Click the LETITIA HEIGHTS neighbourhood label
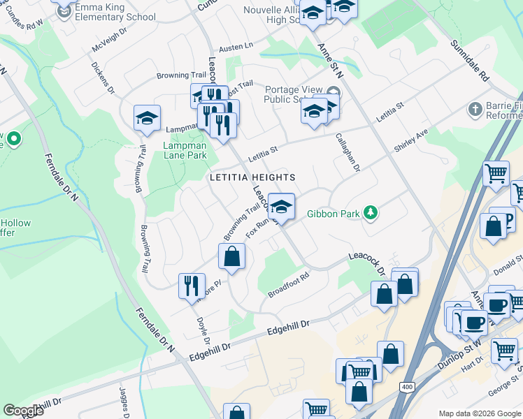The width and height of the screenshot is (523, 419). pos(252,177)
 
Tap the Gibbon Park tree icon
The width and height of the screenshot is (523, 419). pos(371,214)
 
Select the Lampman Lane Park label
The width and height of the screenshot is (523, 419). pos(185,150)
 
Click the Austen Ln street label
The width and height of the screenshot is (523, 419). pos(236,47)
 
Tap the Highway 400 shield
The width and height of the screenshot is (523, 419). pos(406,386)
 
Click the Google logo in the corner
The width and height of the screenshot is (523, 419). pos(23,410)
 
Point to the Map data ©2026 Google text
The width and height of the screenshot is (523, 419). pos(479,413)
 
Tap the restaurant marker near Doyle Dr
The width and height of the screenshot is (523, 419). pos(190,285)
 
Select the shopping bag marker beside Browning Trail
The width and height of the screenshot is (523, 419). pos(231,256)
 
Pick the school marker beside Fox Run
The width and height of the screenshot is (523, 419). pos(281,207)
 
